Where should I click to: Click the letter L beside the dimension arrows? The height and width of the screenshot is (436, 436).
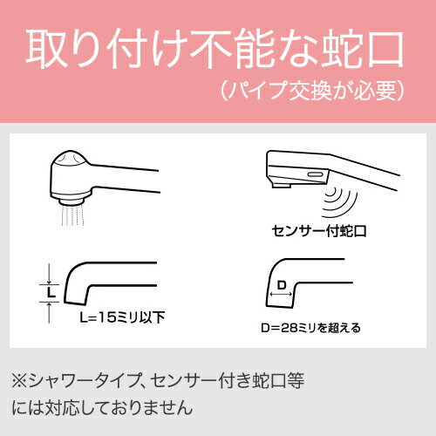(52, 293)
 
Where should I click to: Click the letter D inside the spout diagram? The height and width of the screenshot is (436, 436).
(281, 285)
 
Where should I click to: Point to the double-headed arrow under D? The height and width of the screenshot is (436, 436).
(281, 296)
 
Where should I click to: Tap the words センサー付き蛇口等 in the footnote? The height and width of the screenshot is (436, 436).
(212, 380)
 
